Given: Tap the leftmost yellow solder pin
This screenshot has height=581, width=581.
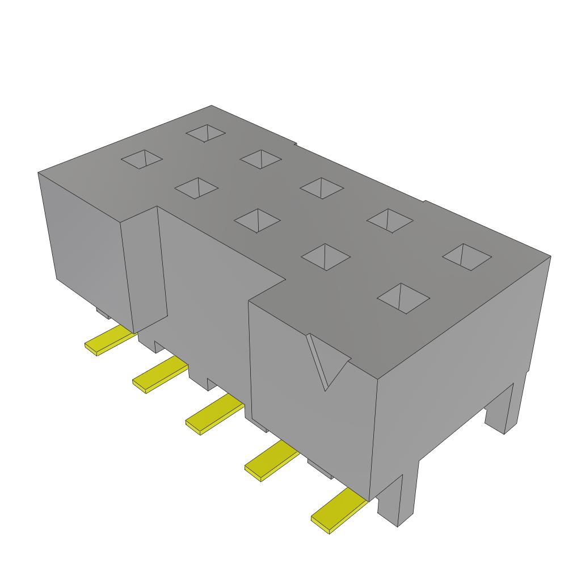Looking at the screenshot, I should tap(110, 340).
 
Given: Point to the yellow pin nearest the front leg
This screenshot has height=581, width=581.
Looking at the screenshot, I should tap(338, 512).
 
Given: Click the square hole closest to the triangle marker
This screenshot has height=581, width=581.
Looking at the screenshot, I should tap(403, 297).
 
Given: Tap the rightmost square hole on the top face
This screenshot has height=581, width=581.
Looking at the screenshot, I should tap(466, 256).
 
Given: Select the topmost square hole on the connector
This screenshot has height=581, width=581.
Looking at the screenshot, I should tap(206, 133).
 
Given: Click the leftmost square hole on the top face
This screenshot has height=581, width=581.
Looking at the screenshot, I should tap(142, 159).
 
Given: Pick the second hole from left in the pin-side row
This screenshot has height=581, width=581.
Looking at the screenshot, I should tap(196, 188).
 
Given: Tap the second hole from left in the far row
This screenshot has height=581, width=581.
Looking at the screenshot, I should tap(260, 159).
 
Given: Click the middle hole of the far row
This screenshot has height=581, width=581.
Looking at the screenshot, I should tap(322, 187).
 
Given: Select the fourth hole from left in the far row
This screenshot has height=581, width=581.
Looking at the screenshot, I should tap(389, 220).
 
